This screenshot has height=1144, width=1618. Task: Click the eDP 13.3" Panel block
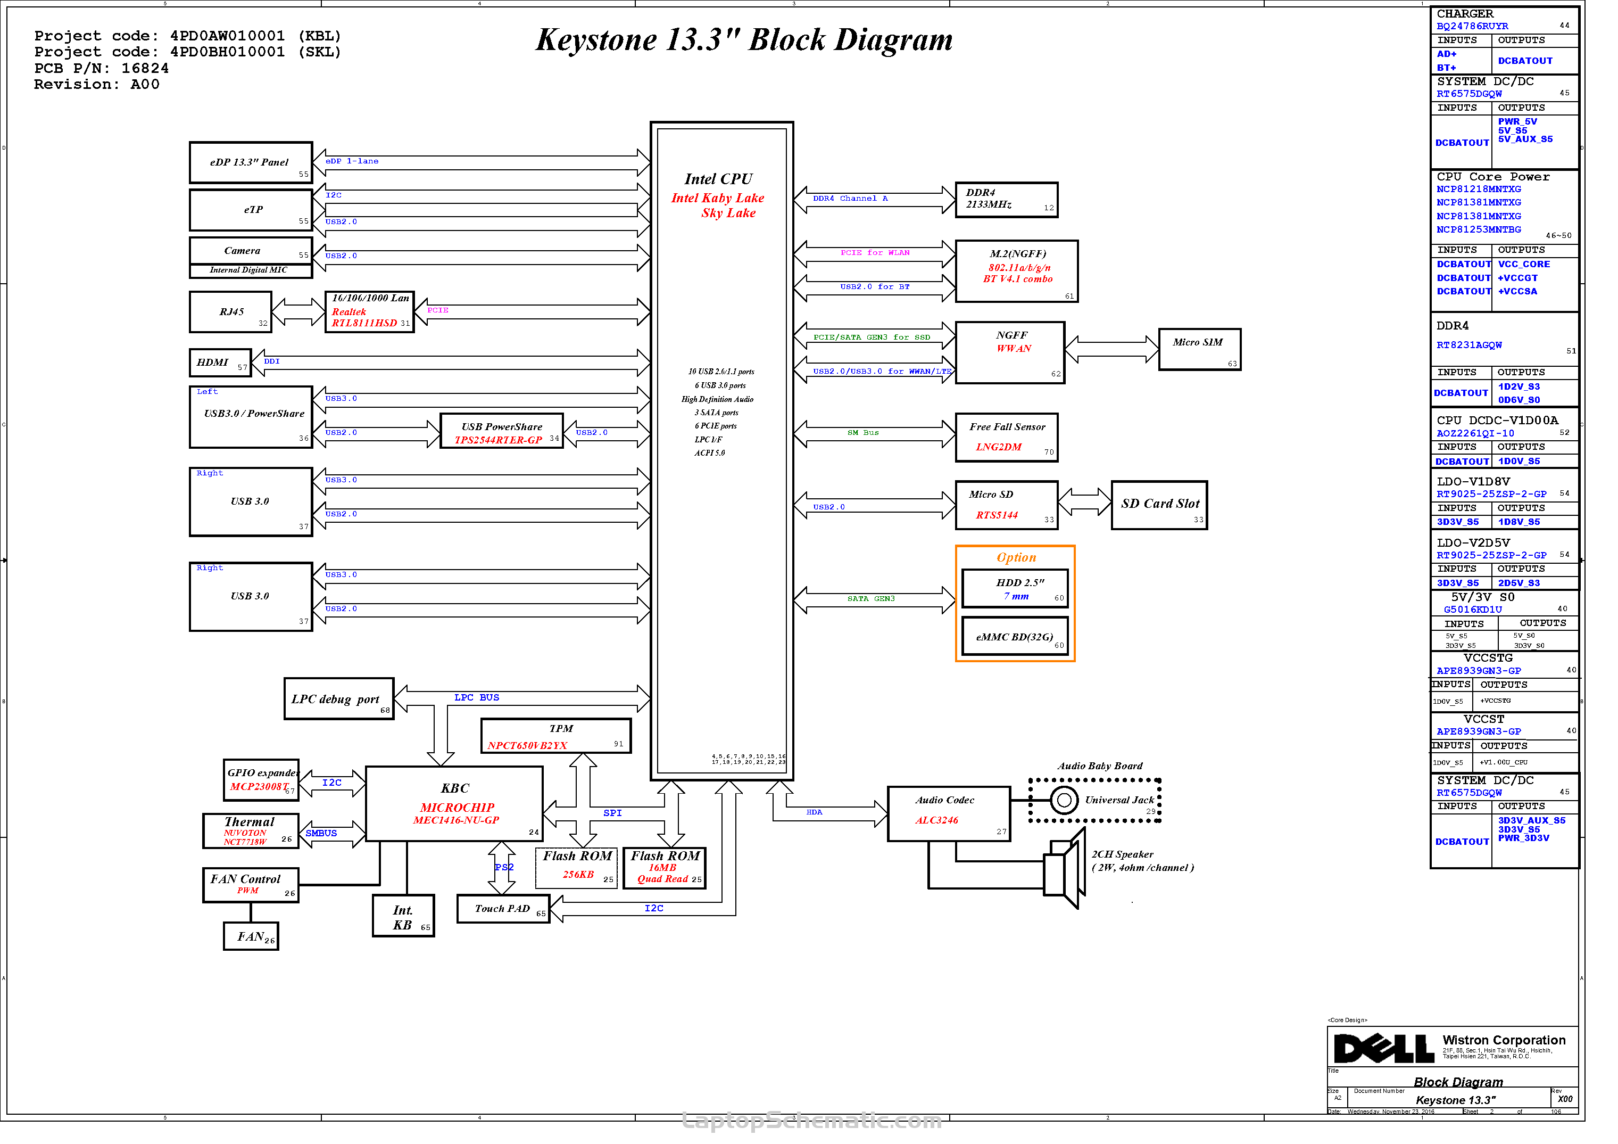click(x=250, y=163)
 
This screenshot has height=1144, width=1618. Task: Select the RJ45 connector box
click(x=230, y=312)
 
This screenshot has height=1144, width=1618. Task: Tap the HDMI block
click(x=220, y=363)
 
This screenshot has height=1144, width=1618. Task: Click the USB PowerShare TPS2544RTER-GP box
click(x=501, y=431)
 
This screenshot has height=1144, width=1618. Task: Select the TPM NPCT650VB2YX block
click(x=555, y=737)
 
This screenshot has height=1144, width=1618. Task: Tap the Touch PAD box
click(x=502, y=909)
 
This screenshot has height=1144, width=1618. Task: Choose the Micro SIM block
click(x=1199, y=350)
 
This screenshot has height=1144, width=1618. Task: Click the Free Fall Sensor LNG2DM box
click(x=1006, y=438)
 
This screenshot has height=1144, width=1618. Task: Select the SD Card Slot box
click(x=1159, y=505)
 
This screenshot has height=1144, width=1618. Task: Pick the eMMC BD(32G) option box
click(x=1015, y=637)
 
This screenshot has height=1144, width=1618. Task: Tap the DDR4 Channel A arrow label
click(x=851, y=199)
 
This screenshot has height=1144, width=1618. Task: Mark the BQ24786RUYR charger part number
click(x=1472, y=27)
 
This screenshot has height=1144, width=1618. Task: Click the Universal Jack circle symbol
click(x=1064, y=800)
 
